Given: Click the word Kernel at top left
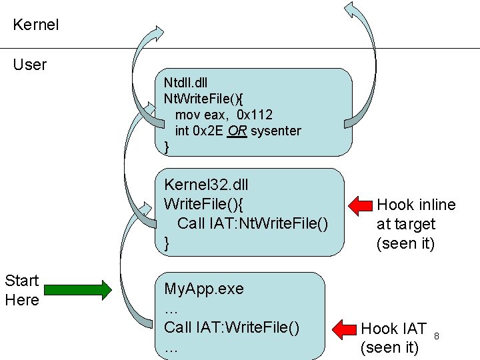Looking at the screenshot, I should coord(36,25).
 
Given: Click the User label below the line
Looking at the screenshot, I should coord(30,65).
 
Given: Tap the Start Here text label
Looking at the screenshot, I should coord(22,290).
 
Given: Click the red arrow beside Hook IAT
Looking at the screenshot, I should coord(345,329).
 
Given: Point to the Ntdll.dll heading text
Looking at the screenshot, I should coord(186,83).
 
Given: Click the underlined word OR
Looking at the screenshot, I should coord(237,131).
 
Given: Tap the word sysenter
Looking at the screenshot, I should coord(276,131).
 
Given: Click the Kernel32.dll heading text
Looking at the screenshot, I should coord(206,185).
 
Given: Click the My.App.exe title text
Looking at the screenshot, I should coord(204,289).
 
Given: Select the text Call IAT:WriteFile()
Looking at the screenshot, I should coord(231,327).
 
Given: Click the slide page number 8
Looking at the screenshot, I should coord(437,335).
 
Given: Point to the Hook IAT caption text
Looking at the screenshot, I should coord(393,329).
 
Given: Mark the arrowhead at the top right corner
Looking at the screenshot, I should coord(351,9).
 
